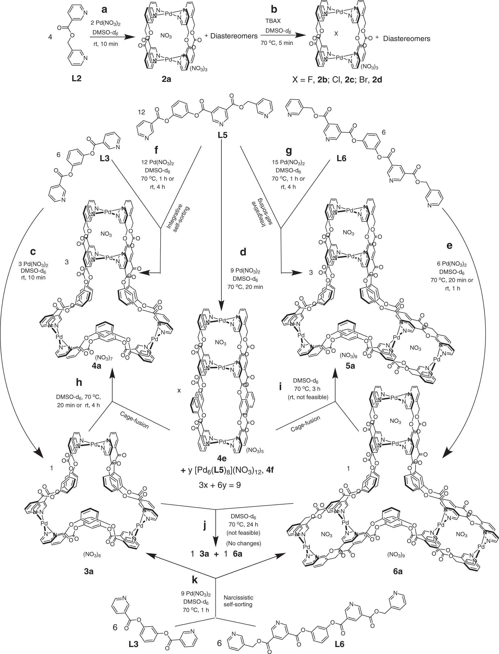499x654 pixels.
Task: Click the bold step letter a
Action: (104, 10)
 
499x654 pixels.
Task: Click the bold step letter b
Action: (274, 9)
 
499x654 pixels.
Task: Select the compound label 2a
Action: (166, 79)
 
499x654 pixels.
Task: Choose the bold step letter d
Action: (243, 252)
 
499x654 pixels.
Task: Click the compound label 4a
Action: (96, 366)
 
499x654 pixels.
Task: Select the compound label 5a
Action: (350, 366)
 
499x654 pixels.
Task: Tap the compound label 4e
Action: (222, 458)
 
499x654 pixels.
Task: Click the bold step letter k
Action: (195, 579)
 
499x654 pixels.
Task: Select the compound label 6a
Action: (398, 571)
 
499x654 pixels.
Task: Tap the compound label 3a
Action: (89, 571)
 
